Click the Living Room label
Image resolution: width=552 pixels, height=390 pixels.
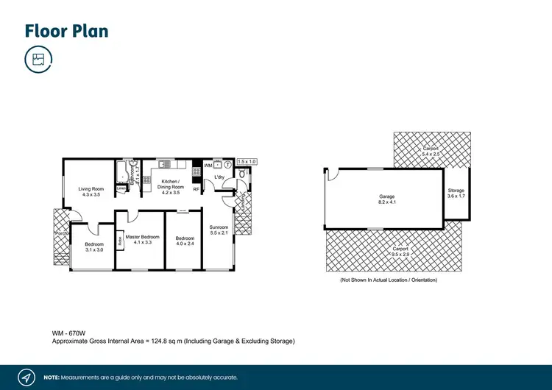tap(91, 191)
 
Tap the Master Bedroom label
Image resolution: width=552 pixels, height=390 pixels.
tap(143, 239)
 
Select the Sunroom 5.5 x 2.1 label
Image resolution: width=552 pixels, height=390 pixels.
tap(219, 230)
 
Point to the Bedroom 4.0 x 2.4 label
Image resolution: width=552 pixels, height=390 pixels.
tap(185, 241)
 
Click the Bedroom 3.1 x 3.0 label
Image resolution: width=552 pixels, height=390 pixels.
tap(94, 247)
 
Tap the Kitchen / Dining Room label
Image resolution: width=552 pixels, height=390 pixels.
tap(171, 186)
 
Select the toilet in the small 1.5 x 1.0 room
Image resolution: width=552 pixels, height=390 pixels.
tap(242, 174)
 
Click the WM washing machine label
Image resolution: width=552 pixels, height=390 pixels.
tap(208, 166)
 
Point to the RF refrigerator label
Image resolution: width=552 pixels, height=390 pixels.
tap(196, 190)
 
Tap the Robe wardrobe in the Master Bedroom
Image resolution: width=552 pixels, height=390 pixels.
tap(120, 239)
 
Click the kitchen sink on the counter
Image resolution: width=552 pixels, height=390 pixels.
tap(165, 164)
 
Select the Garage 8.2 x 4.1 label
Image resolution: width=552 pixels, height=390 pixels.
tap(387, 199)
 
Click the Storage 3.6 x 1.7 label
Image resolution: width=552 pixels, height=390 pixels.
tap(456, 194)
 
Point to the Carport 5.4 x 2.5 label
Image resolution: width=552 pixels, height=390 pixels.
tap(431, 151)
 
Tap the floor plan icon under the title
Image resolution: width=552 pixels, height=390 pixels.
tap(38, 60)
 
